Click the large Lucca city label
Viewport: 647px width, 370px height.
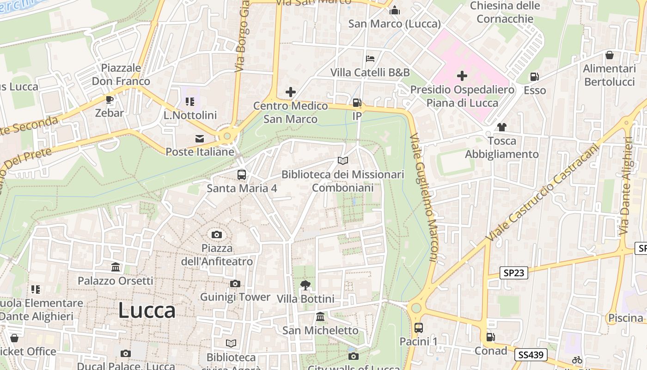[147, 311]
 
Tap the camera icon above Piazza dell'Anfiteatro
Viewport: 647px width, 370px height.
[216, 234]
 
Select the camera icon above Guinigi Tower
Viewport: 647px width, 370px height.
[235, 284]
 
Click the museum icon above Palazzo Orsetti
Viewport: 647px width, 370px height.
[116, 267]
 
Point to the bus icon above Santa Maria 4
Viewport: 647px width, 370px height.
[241, 175]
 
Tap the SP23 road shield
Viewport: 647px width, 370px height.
[514, 273]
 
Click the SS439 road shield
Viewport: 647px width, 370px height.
[531, 355]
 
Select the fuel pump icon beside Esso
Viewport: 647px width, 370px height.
[534, 77]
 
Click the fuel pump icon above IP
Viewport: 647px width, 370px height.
[357, 103]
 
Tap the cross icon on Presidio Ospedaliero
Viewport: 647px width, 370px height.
[462, 76]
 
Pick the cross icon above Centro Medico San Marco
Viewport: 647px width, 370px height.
[290, 92]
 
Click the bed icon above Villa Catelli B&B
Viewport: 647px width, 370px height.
[370, 59]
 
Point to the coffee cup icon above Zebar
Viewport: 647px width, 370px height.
[110, 99]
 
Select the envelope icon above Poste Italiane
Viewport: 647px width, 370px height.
[200, 138]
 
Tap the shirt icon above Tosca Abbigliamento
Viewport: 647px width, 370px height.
[501, 127]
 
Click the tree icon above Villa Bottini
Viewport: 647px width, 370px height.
[305, 285]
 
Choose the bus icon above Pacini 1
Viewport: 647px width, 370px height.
[418, 328]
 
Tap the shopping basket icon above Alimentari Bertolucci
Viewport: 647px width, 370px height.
[610, 55]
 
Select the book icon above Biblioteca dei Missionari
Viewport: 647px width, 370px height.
[342, 160]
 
